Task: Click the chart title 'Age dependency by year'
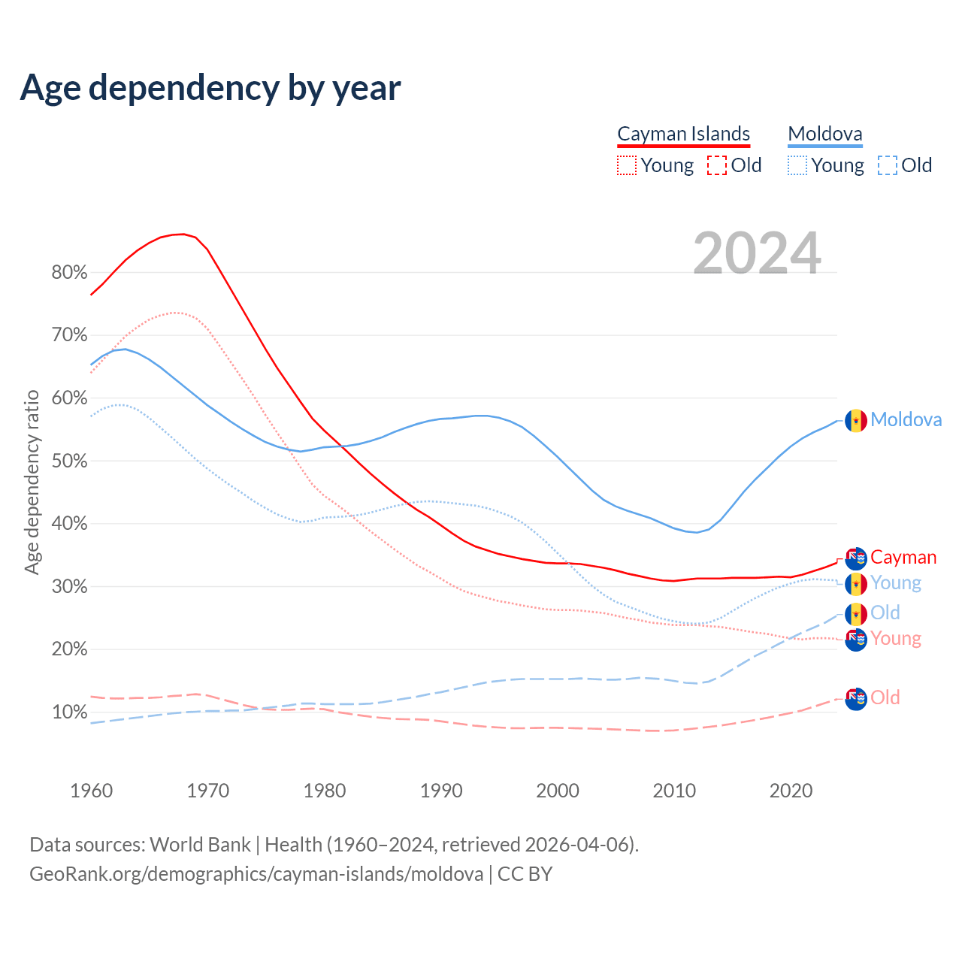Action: (210, 87)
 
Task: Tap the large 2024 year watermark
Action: (757, 253)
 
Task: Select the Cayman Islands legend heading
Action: (683, 134)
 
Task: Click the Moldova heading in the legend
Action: (824, 134)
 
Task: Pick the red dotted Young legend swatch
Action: (626, 165)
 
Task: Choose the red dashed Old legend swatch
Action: (716, 165)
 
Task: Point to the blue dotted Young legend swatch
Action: (797, 165)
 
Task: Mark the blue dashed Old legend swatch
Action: (887, 165)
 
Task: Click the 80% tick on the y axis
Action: (69, 273)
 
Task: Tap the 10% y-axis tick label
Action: (69, 712)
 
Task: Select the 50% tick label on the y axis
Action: (69, 461)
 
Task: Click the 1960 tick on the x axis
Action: (91, 791)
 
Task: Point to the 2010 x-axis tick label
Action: (674, 791)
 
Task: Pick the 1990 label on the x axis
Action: (441, 791)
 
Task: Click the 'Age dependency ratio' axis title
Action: (32, 482)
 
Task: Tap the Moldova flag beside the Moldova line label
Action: (855, 420)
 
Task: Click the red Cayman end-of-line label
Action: (903, 558)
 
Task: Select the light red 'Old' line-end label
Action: (885, 697)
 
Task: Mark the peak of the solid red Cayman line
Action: (183, 234)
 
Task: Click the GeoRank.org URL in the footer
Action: (256, 874)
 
